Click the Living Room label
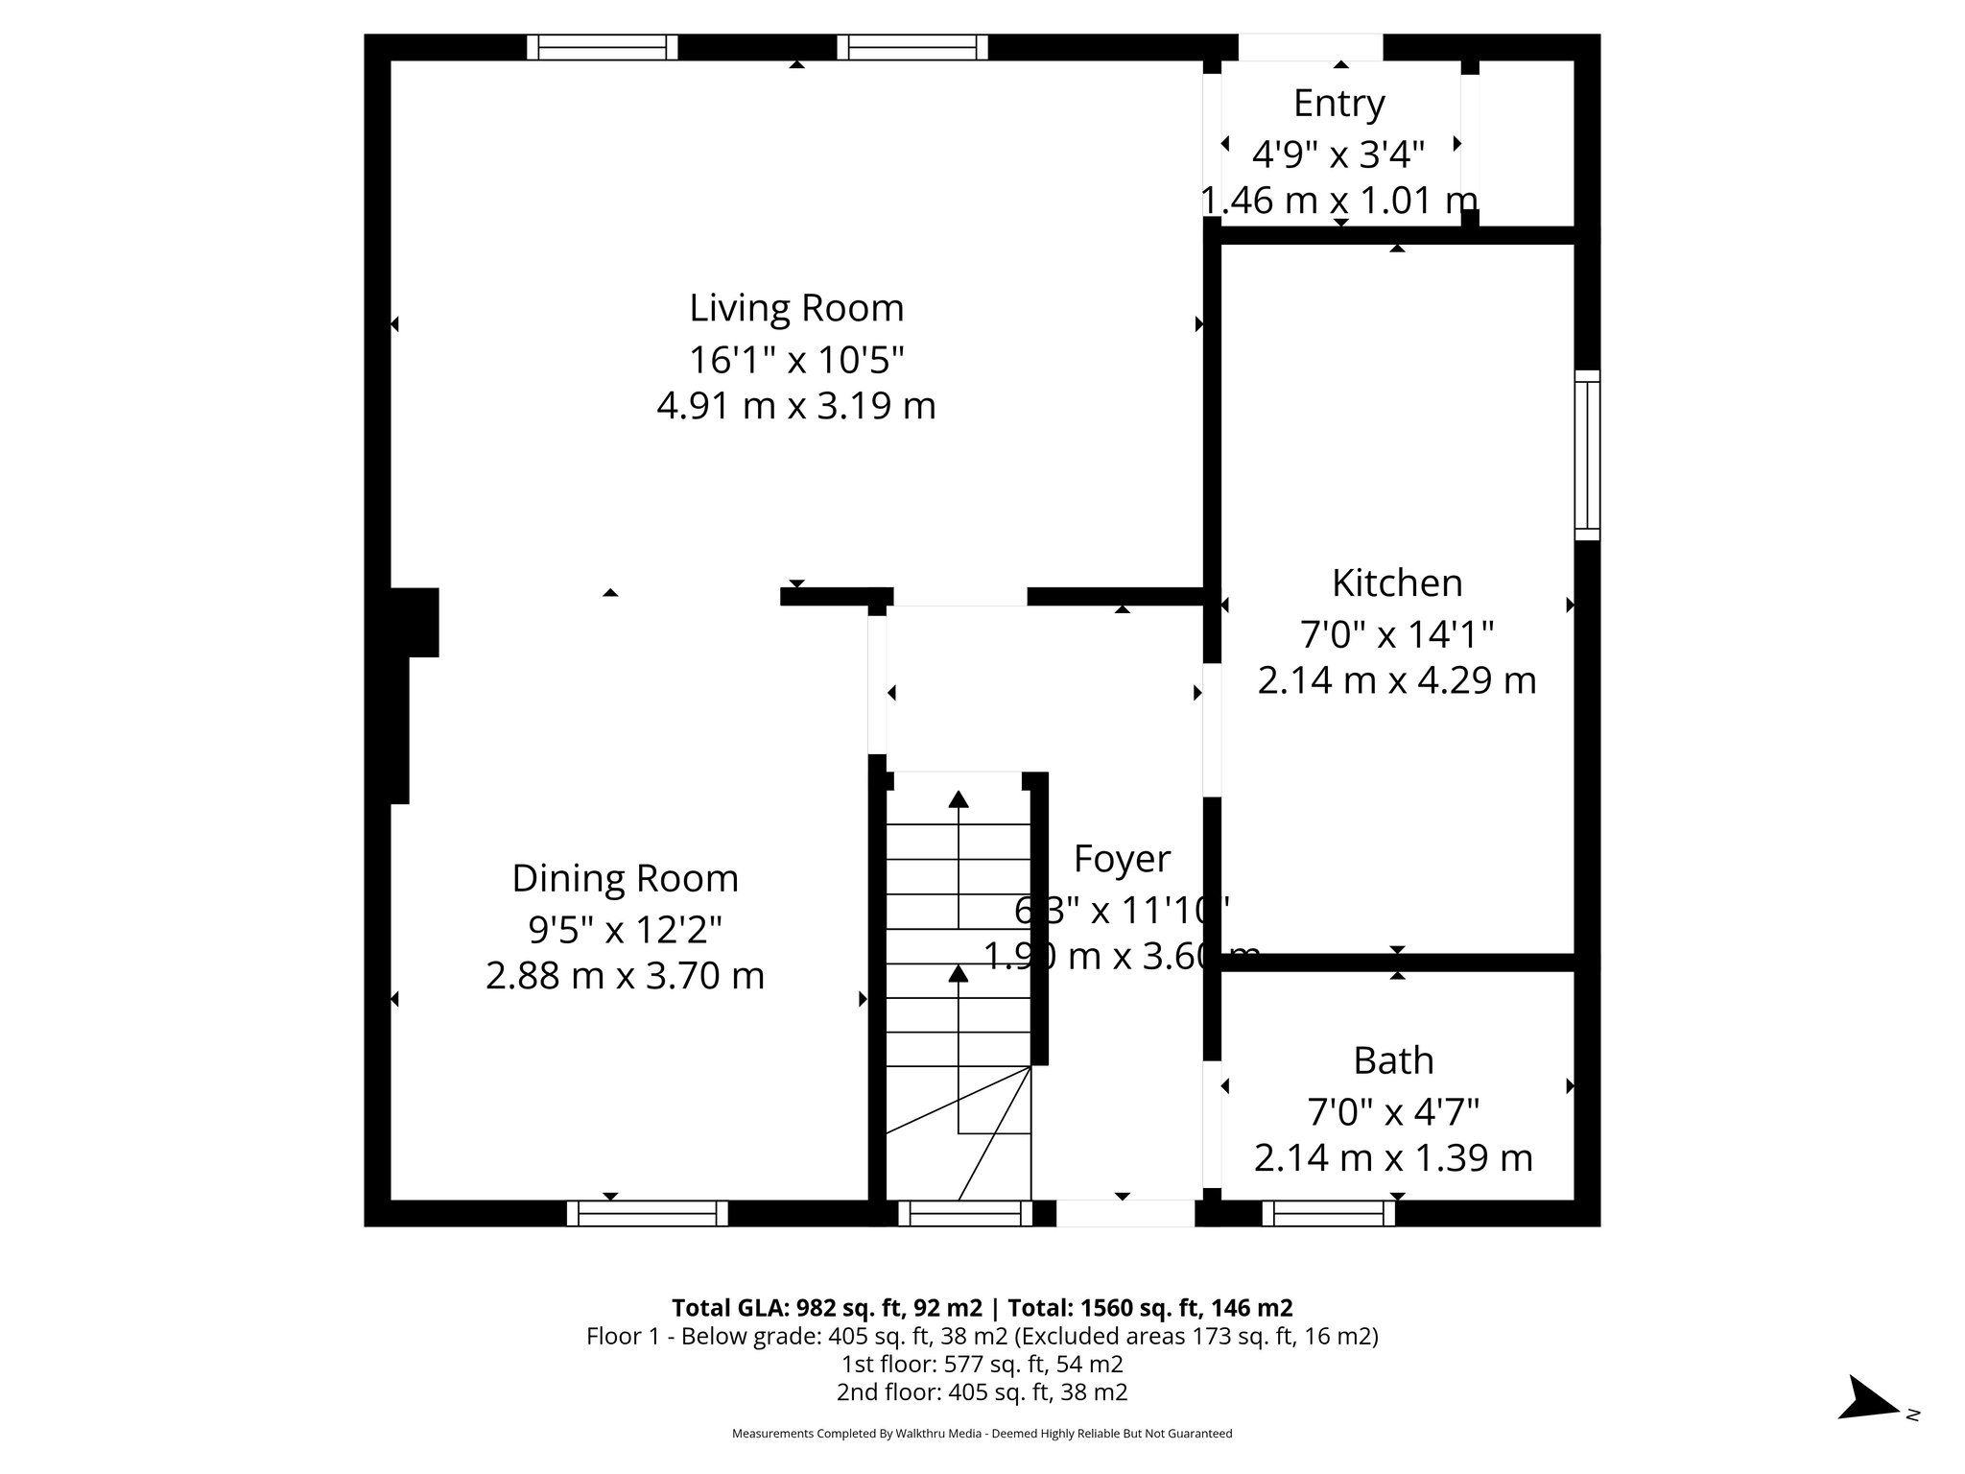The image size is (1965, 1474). coord(796,309)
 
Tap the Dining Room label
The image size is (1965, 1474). coord(625,879)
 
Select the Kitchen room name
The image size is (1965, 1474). coord(1396,583)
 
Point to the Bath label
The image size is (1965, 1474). coord(1393,1061)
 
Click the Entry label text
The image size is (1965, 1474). coord(1338,104)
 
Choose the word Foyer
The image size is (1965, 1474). coord(1122,859)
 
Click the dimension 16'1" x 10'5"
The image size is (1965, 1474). coord(796,361)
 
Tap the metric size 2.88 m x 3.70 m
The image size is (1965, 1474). coord(625,977)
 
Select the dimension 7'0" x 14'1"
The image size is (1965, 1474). coord(1396,634)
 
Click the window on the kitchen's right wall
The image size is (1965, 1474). coord(1587,456)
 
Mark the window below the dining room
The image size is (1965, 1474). coord(648,1214)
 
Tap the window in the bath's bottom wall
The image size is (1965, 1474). coord(1328,1214)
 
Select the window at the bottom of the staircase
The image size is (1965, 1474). coord(964,1214)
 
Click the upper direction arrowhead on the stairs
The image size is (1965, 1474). coord(958,798)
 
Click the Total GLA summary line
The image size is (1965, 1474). coord(982,1308)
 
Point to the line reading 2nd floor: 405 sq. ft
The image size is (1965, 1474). coord(982,1392)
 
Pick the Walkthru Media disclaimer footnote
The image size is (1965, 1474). coord(982,1434)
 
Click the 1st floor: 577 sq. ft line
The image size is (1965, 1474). coord(982,1365)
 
